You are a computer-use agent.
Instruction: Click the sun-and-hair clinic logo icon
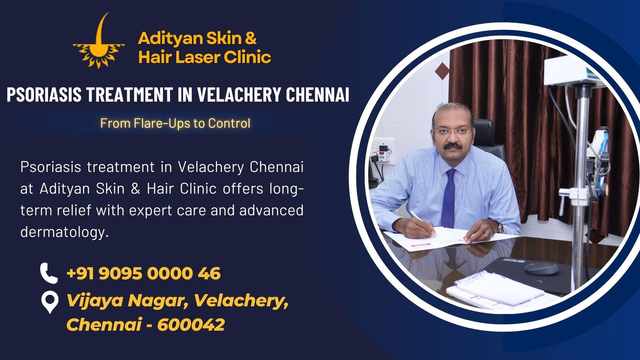coord(98,44)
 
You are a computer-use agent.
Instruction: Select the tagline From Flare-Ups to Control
coord(175,123)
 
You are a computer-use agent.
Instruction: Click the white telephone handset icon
coord(49,273)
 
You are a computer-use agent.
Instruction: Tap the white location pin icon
coord(49,302)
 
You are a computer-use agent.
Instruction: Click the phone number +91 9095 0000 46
coord(143,274)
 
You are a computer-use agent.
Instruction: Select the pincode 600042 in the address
coord(191,324)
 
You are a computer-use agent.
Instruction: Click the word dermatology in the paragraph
coord(64,232)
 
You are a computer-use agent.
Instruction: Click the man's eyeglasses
coord(452,132)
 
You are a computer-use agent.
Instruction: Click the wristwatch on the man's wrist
coord(500,228)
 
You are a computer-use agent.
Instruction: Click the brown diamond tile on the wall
coord(442,71)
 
